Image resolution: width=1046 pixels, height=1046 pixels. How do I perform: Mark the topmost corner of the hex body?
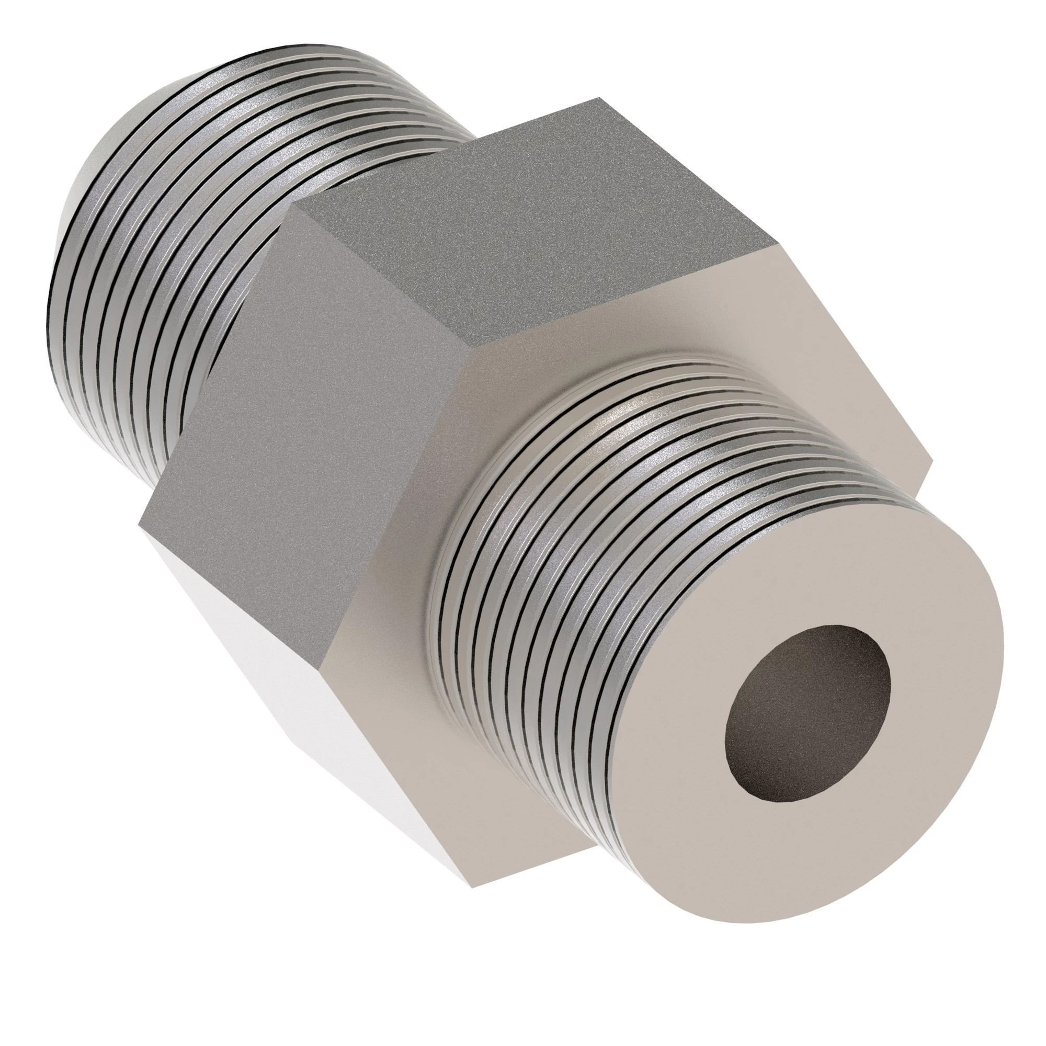[599, 98]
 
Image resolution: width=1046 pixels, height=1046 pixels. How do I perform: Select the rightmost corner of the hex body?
[933, 461]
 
